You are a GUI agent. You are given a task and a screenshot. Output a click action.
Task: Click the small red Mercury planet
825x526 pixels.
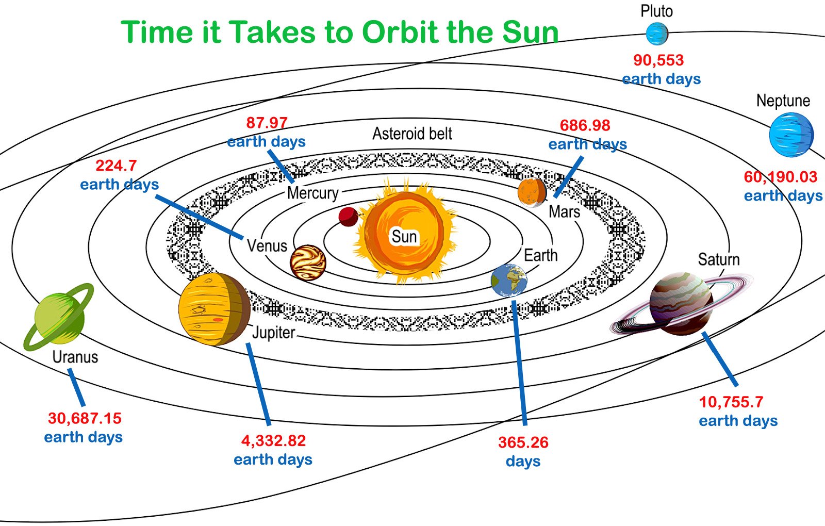click(x=348, y=217)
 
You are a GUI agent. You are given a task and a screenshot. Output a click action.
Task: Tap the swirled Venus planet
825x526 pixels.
click(x=308, y=262)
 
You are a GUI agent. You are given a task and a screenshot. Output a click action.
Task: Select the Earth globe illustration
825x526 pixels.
click(x=509, y=281)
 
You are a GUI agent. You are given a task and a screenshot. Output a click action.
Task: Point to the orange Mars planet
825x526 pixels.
click(x=532, y=192)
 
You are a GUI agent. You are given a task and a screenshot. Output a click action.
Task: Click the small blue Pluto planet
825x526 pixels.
click(x=657, y=34)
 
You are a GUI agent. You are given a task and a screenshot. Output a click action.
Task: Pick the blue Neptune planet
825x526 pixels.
click(x=791, y=135)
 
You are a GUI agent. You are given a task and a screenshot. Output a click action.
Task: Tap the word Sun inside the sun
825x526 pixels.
click(x=404, y=237)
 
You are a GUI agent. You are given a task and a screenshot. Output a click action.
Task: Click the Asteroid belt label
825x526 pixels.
click(x=412, y=134)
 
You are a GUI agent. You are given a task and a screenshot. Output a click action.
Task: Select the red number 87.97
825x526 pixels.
click(x=267, y=123)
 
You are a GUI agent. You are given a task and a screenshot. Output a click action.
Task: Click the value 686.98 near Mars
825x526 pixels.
click(x=585, y=125)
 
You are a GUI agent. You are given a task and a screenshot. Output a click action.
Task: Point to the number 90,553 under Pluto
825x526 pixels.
click(x=658, y=60)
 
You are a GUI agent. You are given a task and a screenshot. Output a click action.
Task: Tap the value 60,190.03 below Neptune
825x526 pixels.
click(x=781, y=177)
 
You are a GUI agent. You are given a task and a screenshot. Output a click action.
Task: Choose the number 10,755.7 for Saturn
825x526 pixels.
click(x=731, y=402)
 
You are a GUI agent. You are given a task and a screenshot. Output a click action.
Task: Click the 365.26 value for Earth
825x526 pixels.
click(x=523, y=442)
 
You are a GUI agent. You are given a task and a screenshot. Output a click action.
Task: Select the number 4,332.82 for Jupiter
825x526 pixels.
click(x=273, y=440)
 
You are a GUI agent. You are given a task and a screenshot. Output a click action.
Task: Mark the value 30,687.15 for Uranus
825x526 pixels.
click(x=85, y=418)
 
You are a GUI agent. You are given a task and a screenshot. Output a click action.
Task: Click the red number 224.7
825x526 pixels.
click(x=116, y=166)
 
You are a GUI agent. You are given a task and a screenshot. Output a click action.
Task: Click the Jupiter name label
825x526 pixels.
click(x=274, y=333)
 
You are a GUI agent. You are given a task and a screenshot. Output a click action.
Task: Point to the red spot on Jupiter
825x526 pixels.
click(x=218, y=319)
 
